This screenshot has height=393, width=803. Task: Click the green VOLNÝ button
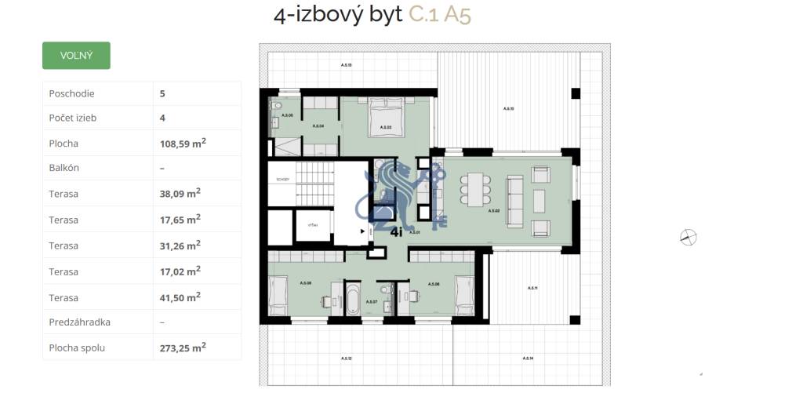click(76, 56)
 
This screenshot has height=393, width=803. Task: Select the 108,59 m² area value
click(183, 144)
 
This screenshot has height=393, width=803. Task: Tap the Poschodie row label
click(71, 93)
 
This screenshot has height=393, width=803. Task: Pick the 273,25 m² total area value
click(183, 347)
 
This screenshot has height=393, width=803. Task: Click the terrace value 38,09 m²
click(180, 193)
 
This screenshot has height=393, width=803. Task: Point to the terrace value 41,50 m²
click(180, 297)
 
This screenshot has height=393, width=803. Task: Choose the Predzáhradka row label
click(78, 322)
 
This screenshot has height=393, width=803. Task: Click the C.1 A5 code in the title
click(440, 15)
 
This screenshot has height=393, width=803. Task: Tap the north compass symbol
click(689, 237)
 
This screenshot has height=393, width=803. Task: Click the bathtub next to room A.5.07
click(352, 301)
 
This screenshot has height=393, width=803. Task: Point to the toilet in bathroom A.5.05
click(275, 107)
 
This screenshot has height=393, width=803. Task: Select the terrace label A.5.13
click(346, 64)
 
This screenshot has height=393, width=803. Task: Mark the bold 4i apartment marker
click(397, 231)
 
